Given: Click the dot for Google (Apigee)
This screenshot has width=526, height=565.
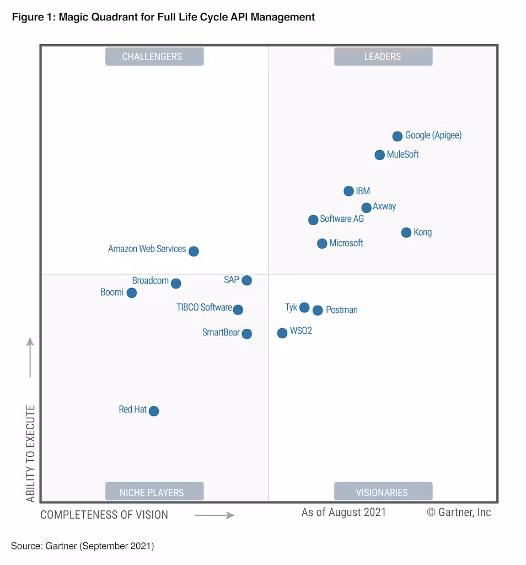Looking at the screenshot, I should (397, 136).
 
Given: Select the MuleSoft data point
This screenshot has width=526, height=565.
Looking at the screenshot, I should (379, 155).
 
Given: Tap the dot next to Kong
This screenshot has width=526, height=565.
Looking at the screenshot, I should (406, 233).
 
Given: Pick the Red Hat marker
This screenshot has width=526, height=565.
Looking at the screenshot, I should (154, 411).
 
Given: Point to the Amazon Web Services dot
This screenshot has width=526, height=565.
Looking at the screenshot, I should (194, 251).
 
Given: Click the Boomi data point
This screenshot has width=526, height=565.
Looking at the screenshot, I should (131, 293).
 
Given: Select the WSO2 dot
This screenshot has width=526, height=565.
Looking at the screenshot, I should (282, 333).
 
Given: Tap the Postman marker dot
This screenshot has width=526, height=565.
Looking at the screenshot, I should (318, 310).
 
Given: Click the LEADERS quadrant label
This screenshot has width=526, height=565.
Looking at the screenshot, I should (383, 56).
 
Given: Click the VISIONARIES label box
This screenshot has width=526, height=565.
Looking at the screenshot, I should (383, 492).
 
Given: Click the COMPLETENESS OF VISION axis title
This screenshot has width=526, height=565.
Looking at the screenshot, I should (104, 515).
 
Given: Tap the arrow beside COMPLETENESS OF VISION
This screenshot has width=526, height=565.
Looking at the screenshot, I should (214, 515).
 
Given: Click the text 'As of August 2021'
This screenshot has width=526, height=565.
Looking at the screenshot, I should (343, 513).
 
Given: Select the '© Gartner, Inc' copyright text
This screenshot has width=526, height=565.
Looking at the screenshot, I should (459, 513).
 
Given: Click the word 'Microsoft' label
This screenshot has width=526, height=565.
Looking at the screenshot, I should (346, 243).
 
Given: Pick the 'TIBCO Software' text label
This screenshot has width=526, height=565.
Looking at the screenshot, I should (204, 307).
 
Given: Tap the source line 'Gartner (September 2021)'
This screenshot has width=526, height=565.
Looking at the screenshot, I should (101, 546).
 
